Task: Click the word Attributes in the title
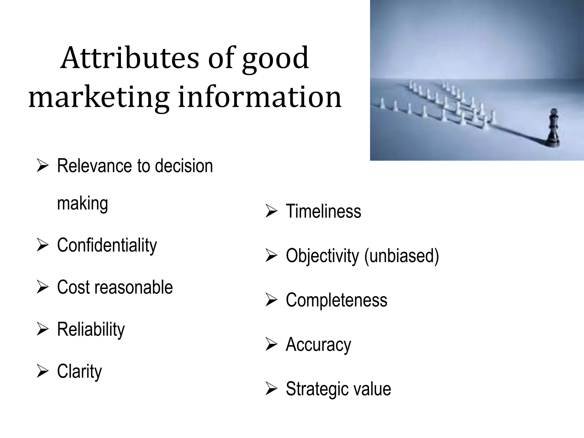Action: point(129,58)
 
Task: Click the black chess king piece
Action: point(553,128)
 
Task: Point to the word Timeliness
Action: point(323,212)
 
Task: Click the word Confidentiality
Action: point(107,245)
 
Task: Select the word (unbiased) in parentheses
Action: point(401,256)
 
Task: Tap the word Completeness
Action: point(336,300)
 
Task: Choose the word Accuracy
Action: point(318,344)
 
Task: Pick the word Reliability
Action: point(91,329)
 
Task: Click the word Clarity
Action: point(79,371)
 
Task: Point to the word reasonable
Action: point(134,287)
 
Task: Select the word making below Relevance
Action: point(82,204)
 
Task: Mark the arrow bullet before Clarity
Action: point(42,371)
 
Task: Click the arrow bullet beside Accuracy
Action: point(271,344)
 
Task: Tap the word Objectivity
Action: point(322,256)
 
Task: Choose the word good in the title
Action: point(275,58)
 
